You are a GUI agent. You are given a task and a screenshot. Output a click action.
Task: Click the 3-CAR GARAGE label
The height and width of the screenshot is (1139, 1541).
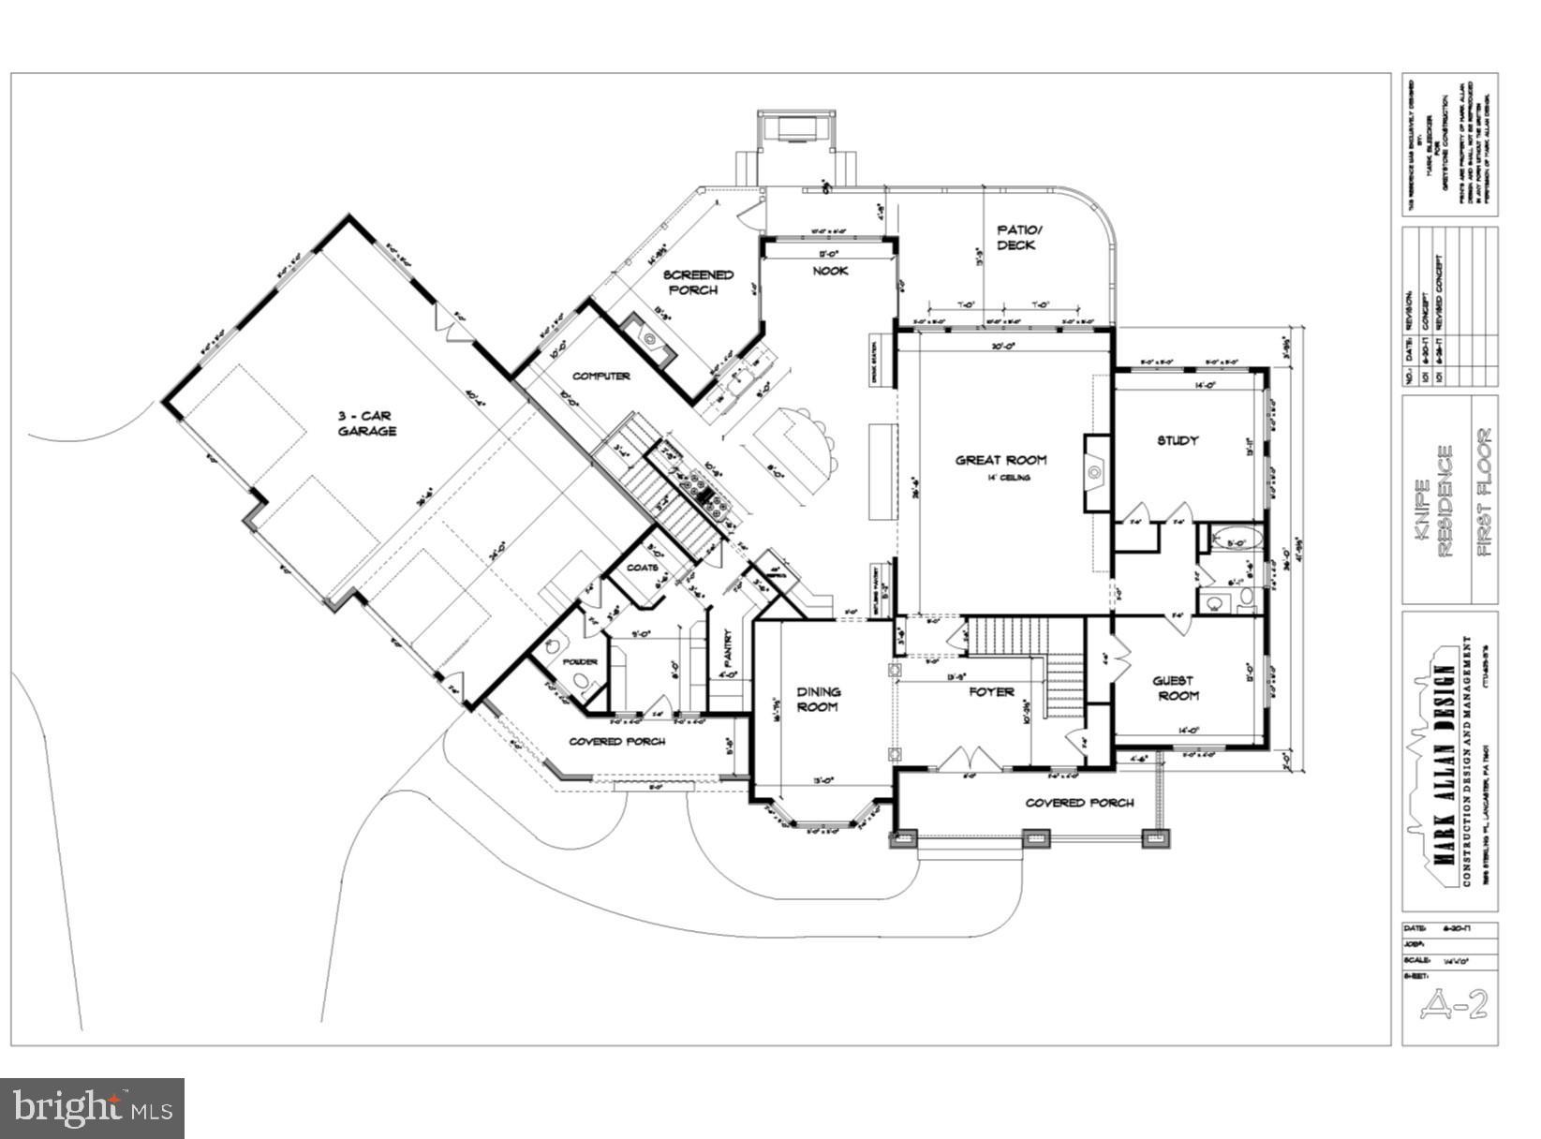pyautogui.click(x=367, y=422)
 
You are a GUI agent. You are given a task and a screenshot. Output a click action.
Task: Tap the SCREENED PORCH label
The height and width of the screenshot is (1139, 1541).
pyautogui.click(x=697, y=282)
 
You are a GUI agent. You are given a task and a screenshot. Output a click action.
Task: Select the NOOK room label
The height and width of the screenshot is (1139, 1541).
pyautogui.click(x=829, y=271)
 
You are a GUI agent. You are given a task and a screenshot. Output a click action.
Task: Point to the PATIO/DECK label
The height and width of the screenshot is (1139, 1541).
pyautogui.click(x=1017, y=237)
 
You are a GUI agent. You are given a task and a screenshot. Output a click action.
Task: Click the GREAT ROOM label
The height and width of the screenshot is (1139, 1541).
pyautogui.click(x=1000, y=460)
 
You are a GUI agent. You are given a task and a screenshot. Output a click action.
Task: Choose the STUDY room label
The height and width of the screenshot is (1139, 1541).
pyautogui.click(x=1178, y=440)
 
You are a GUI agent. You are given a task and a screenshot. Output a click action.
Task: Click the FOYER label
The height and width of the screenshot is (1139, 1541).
pyautogui.click(x=991, y=692)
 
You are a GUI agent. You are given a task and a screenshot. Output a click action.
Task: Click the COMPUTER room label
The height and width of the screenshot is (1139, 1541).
pyautogui.click(x=600, y=376)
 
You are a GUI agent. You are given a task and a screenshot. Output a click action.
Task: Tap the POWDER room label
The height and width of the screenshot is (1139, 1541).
pyautogui.click(x=580, y=662)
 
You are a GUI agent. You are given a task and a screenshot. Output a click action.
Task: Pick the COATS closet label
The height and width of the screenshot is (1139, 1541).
pyautogui.click(x=643, y=569)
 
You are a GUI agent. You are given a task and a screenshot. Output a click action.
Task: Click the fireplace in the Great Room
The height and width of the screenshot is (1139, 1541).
pyautogui.click(x=1095, y=473)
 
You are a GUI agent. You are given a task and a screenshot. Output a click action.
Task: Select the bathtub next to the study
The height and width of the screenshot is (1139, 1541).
pyautogui.click(x=1229, y=540)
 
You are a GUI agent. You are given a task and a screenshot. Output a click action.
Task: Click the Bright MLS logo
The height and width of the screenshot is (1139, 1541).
pyautogui.click(x=92, y=1108)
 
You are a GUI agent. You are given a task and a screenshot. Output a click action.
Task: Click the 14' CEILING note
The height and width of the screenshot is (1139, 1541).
pyautogui.click(x=1007, y=478)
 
